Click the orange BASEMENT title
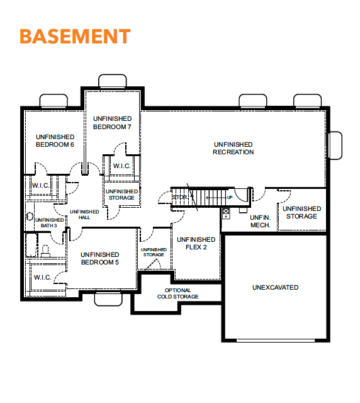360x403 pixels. point(75,37)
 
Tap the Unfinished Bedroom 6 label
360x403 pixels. point(55,140)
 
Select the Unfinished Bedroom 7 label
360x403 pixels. point(112,123)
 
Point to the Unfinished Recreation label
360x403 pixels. point(233,148)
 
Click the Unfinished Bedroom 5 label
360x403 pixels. point(99,258)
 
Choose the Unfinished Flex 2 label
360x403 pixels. point(196,243)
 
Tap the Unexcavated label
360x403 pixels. point(275,287)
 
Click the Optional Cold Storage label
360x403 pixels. point(178,293)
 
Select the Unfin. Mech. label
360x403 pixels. point(261,221)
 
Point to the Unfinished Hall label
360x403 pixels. point(84,214)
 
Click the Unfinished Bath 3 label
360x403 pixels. point(49,222)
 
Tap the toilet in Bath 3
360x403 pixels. point(45,251)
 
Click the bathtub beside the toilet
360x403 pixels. point(31,245)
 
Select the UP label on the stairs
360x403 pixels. point(230,197)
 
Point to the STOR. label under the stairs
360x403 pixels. point(180,197)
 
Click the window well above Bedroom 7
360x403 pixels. point(113,81)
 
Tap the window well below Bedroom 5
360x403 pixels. point(108,299)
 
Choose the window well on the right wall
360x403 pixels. point(335,145)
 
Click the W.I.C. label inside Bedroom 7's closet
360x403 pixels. point(122,166)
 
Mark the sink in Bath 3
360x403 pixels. point(30,216)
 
